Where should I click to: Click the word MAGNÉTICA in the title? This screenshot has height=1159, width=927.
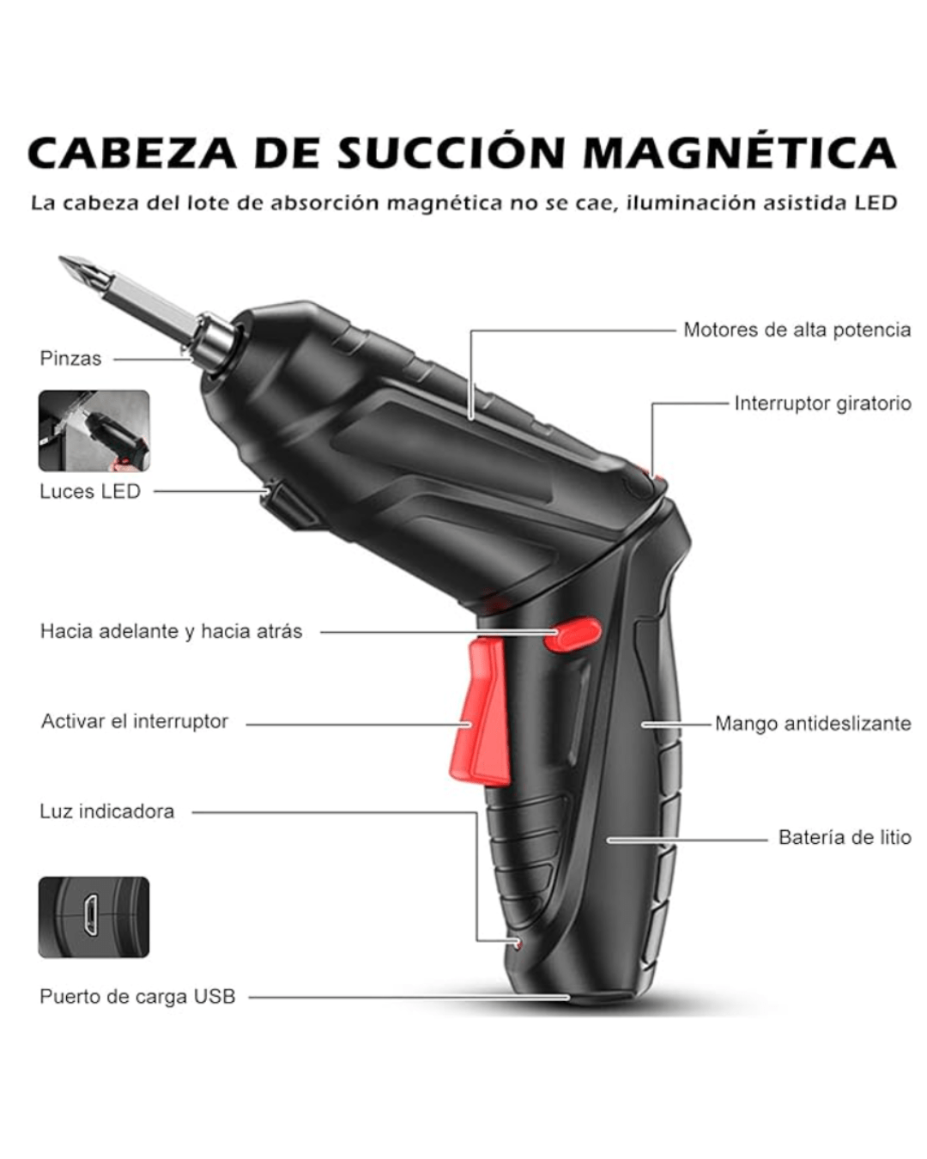pos(740,153)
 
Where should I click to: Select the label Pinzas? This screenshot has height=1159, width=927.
pos(70,359)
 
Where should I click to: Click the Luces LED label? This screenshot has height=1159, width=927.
pos(90,491)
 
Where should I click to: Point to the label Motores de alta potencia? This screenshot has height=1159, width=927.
pos(797,330)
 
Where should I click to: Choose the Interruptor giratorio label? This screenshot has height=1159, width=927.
pos(822,404)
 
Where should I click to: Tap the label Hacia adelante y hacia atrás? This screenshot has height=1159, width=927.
pos(172,631)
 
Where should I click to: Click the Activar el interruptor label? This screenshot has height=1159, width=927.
pos(135,721)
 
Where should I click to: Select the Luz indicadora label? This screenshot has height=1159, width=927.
pos(107,811)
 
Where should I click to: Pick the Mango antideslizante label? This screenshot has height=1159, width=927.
pos(813,723)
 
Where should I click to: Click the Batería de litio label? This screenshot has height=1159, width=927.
pos(845,837)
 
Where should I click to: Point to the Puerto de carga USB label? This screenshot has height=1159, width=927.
pos(137,997)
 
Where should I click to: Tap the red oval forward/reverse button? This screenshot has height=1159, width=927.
pos(572,634)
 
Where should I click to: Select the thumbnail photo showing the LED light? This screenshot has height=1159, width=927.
pos(94,430)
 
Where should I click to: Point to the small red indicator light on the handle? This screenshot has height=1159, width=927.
pos(518,943)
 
